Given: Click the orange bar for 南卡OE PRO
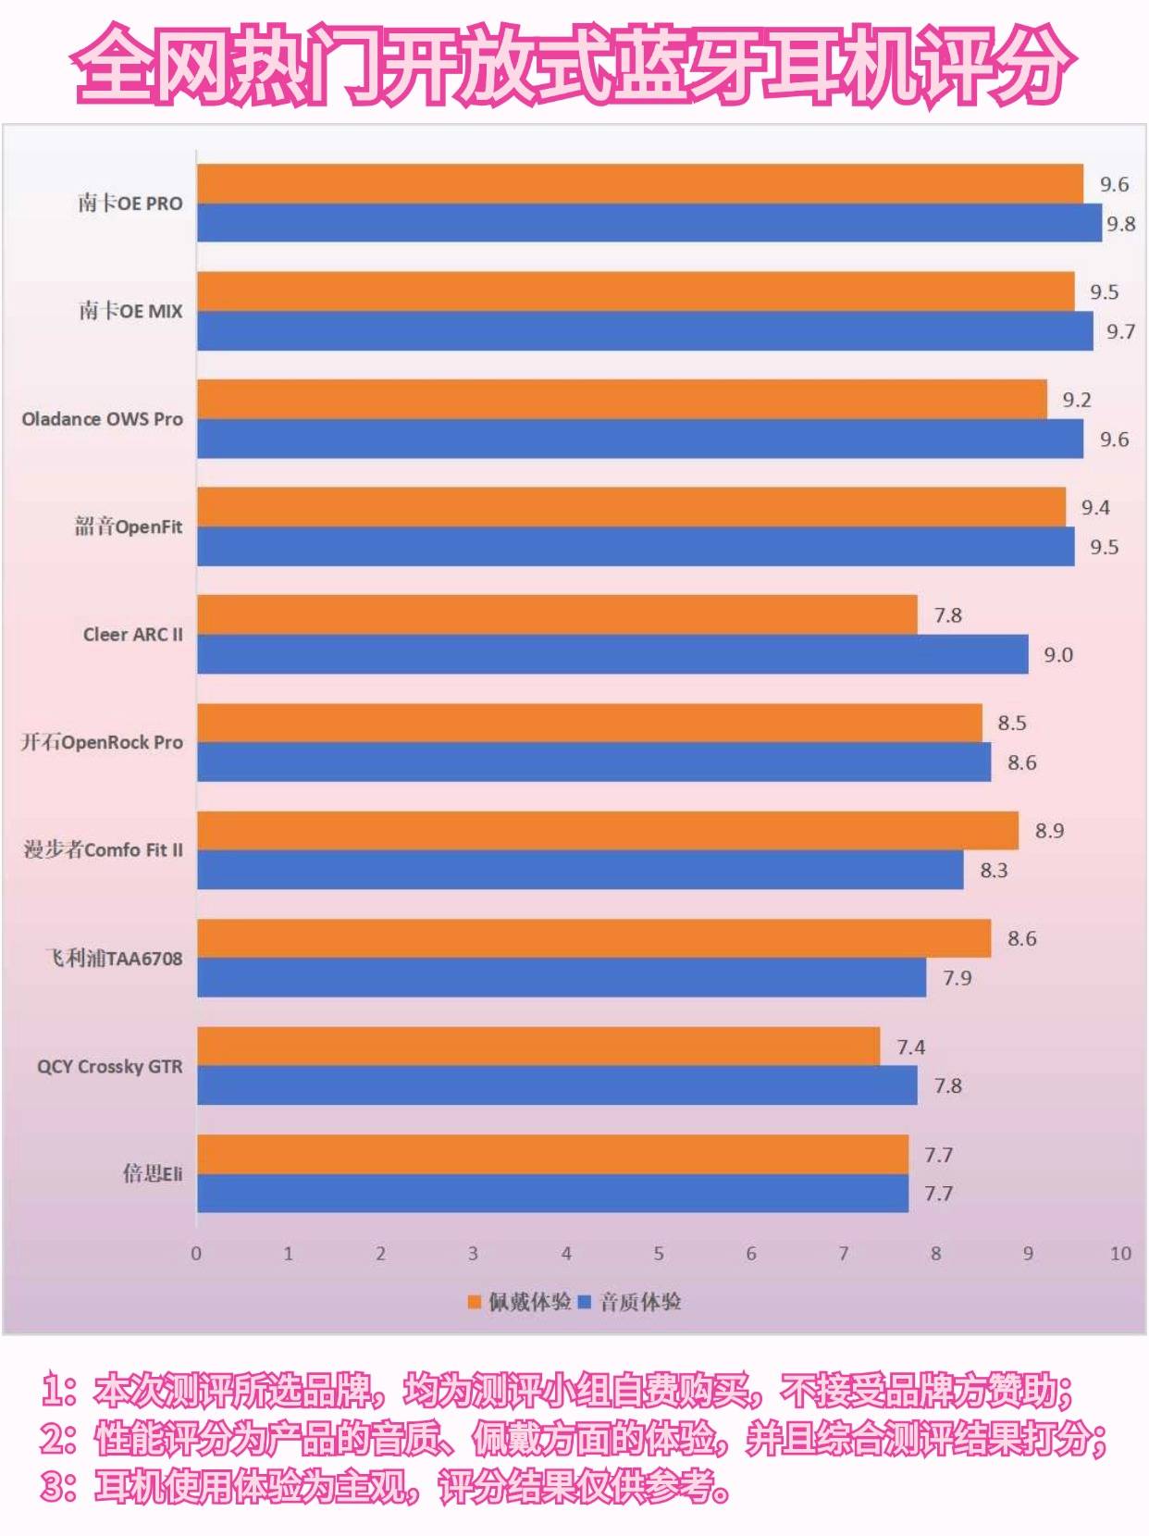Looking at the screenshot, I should (x=639, y=183).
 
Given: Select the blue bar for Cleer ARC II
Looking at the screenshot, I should (x=612, y=654).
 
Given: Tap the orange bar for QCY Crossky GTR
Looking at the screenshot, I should (x=537, y=1047).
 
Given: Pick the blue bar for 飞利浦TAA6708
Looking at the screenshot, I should (x=561, y=978).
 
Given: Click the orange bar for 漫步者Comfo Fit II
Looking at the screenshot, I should (x=607, y=830).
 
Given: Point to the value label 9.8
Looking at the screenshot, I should (x=1120, y=224).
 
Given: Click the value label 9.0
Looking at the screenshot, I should (x=1057, y=655).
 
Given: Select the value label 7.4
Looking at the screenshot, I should (x=910, y=1047).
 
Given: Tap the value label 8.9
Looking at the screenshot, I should (x=1049, y=831).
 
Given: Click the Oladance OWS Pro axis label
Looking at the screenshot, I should (x=102, y=419).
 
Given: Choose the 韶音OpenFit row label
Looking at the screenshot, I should (x=129, y=526).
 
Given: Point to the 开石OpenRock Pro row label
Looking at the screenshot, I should (x=102, y=742).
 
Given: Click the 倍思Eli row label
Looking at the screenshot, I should (x=153, y=1173).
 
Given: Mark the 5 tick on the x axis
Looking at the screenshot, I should (x=659, y=1254).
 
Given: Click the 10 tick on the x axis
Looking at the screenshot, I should (x=1120, y=1254).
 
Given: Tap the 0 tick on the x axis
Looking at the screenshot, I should (x=196, y=1254).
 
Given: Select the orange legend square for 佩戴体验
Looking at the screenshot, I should (x=475, y=1303).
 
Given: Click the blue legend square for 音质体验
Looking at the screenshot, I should (x=585, y=1303).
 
